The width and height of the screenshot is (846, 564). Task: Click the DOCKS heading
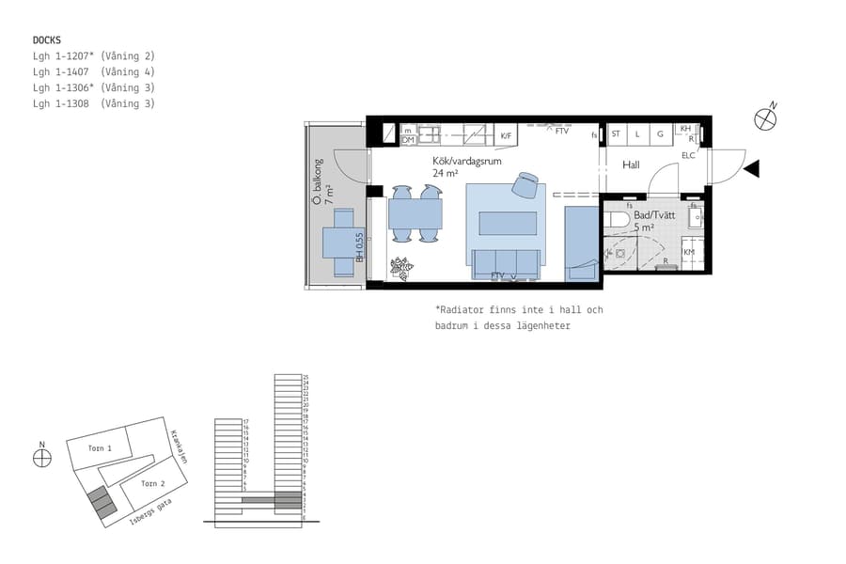coord(47,39)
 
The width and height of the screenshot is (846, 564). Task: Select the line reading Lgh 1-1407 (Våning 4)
coord(93,71)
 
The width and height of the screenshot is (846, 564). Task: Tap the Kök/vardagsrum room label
coord(466,162)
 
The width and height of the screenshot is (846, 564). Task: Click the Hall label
coord(631,164)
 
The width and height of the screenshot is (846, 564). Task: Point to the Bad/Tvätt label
coord(654,215)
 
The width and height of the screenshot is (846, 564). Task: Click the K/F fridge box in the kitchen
coord(506,136)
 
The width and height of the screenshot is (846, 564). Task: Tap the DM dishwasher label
coord(408,140)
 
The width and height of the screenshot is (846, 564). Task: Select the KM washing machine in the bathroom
coord(689,252)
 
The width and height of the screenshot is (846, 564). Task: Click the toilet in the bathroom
coord(617,220)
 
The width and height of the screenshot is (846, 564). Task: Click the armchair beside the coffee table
coord(525,183)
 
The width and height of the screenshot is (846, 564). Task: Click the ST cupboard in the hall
coord(616,134)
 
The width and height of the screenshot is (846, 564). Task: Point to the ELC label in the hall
coord(688,155)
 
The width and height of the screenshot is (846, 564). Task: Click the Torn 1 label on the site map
coord(100,448)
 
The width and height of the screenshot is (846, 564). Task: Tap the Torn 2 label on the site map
coord(153,483)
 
